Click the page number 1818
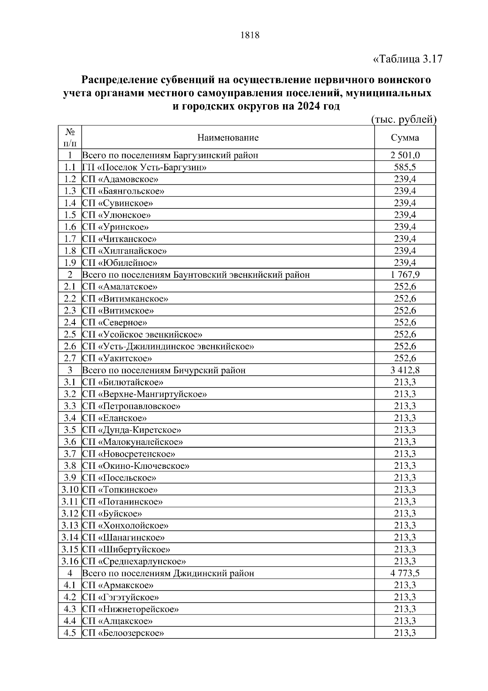pos(250,35)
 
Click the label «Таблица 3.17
pos(407,59)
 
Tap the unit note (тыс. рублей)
pos(404,119)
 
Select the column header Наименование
pos(228,138)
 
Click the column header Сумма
pos(405,138)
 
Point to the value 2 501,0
pos(405,155)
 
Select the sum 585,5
pos(405,167)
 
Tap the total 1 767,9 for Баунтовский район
pos(405,275)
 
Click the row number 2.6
pos(70,346)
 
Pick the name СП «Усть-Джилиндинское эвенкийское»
pos(168,346)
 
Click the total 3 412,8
pos(405,370)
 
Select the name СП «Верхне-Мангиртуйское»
pos(144,394)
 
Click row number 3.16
pos(70,561)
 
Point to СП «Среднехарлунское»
pos(134,561)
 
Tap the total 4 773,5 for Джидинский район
pos(405,573)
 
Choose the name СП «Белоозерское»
pos(123,633)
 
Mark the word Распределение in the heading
pos(118,79)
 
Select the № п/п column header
pos(70,138)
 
